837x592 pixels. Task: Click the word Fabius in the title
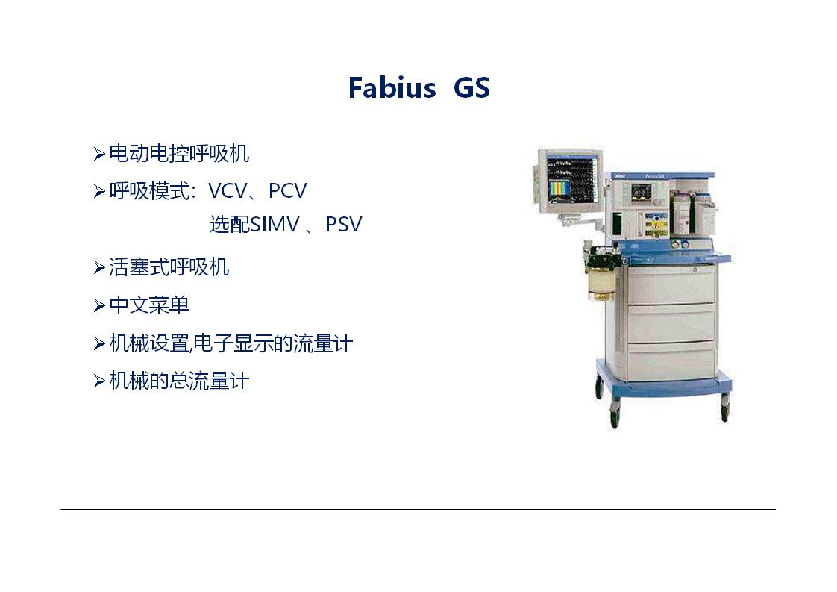392,87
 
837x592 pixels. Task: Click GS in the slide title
471,87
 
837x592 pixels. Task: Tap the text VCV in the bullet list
228,191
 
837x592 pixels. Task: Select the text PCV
288,191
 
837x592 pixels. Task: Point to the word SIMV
275,225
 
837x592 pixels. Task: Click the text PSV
344,225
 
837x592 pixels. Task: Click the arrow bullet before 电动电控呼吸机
99,154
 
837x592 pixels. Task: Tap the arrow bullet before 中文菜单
99,305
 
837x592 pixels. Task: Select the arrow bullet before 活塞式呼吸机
99,267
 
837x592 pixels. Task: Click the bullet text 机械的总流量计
179,381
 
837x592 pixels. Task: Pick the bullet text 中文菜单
149,305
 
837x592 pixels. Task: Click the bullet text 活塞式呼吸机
169,267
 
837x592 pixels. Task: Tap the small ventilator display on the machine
642,192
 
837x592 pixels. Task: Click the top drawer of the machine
671,284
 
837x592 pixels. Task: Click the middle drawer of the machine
671,323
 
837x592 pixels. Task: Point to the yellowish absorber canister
601,283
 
